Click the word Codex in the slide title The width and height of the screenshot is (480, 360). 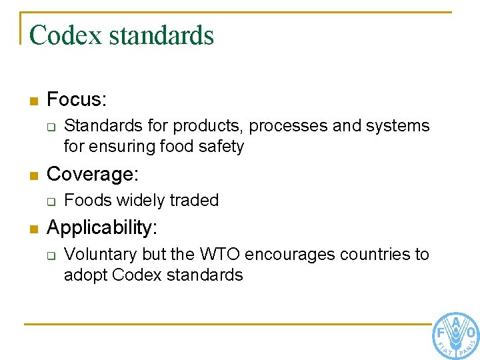(65, 35)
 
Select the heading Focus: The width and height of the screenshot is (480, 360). (77, 100)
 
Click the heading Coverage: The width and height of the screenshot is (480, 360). (93, 174)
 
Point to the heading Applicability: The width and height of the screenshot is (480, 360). (102, 228)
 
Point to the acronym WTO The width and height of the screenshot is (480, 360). (222, 255)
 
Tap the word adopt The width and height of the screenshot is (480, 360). (85, 275)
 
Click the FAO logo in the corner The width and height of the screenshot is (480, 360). (455, 335)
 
